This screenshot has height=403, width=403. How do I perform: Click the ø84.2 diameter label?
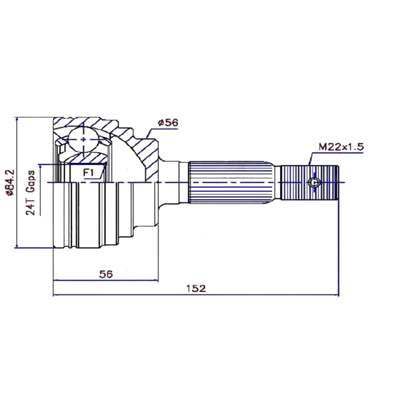[11, 183]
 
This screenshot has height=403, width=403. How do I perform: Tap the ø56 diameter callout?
[168, 123]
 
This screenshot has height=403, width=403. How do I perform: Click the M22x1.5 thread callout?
[341, 147]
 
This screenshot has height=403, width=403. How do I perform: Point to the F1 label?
[89, 172]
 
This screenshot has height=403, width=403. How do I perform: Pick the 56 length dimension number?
[106, 274]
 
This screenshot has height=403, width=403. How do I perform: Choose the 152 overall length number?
[196, 289]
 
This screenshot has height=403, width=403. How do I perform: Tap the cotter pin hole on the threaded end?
[314, 183]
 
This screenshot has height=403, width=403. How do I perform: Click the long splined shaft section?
[231, 183]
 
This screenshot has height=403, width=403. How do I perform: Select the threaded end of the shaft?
[310, 183]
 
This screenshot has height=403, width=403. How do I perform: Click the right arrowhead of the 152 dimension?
[336, 295]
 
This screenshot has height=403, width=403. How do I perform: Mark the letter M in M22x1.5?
[322, 147]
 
